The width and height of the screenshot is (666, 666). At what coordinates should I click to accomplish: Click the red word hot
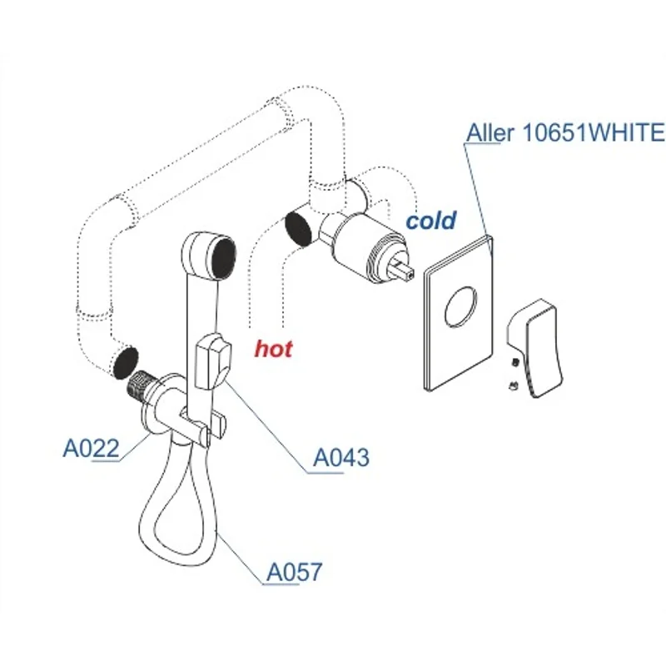(273, 349)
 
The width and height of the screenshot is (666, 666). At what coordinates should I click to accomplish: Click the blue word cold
(430, 221)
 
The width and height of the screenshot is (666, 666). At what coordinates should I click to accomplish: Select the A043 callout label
(340, 457)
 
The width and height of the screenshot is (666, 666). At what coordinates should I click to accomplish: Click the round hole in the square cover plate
(460, 307)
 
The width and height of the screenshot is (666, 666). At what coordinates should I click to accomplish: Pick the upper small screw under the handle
(516, 361)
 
